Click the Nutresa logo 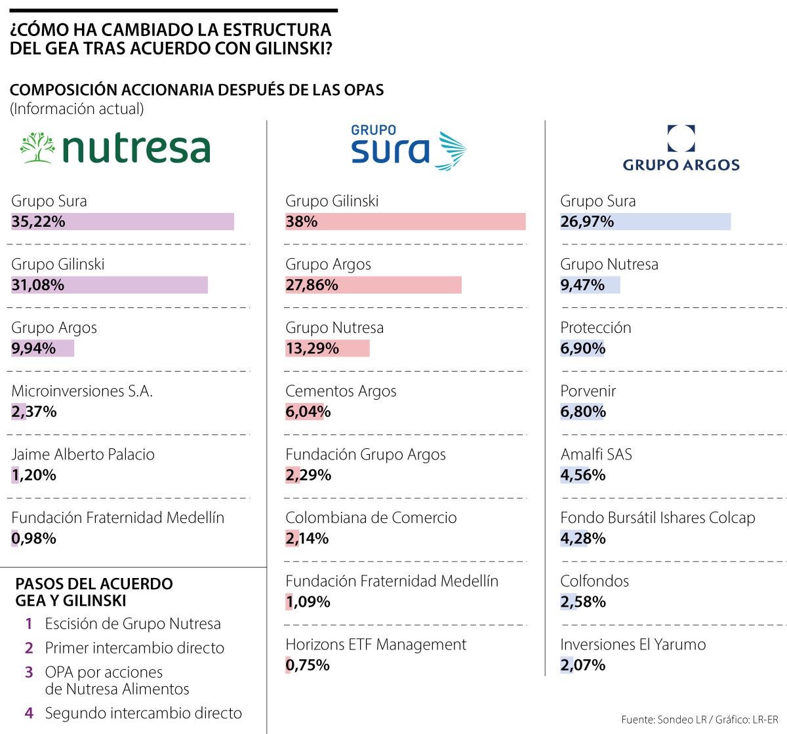click(x=115, y=147)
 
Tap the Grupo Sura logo click(x=407, y=147)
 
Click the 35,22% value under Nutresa click(x=38, y=222)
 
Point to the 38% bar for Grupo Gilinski click(x=405, y=222)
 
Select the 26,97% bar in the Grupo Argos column click(x=645, y=222)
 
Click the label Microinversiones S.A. click(x=82, y=391)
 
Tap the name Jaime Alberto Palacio click(x=83, y=455)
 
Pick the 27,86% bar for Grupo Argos click(x=373, y=285)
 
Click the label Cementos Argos click(x=340, y=391)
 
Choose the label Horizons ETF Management click(x=375, y=645)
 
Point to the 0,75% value click(x=307, y=665)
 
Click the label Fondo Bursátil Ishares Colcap click(x=657, y=518)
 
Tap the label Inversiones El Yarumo click(x=632, y=645)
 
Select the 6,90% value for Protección click(x=582, y=349)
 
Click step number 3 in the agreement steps click(x=29, y=672)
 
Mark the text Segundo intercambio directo click(x=143, y=713)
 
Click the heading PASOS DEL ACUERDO click(x=94, y=584)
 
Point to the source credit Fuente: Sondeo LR click(x=664, y=720)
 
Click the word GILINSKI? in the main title click(x=289, y=48)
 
